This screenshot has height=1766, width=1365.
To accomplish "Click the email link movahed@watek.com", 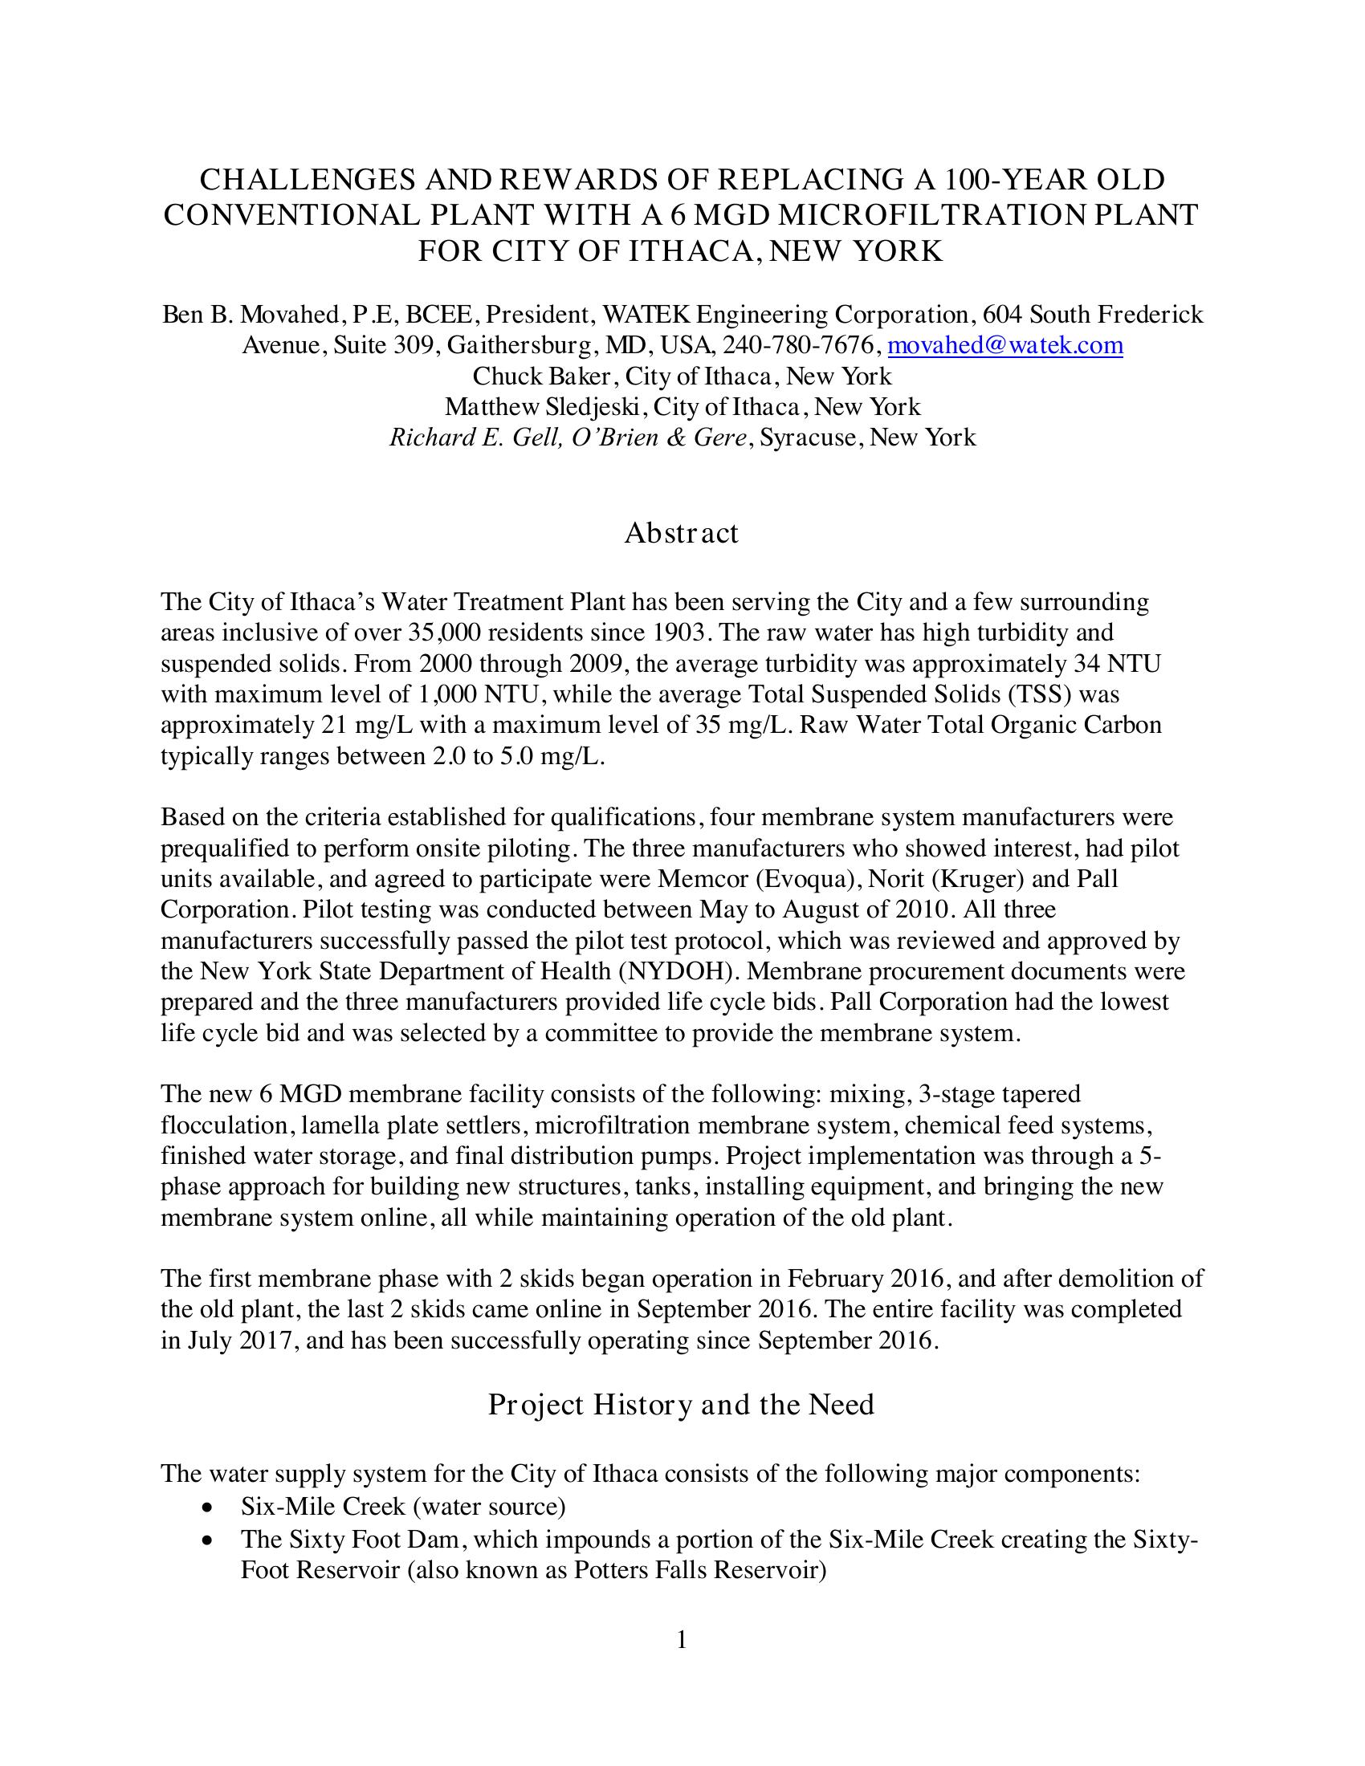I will coord(1004,346).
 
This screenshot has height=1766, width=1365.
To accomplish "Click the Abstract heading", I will coord(681,533).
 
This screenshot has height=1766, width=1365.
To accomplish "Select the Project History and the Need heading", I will coord(681,1405).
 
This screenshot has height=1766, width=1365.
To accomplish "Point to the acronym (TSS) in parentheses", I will coord(1029,694).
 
